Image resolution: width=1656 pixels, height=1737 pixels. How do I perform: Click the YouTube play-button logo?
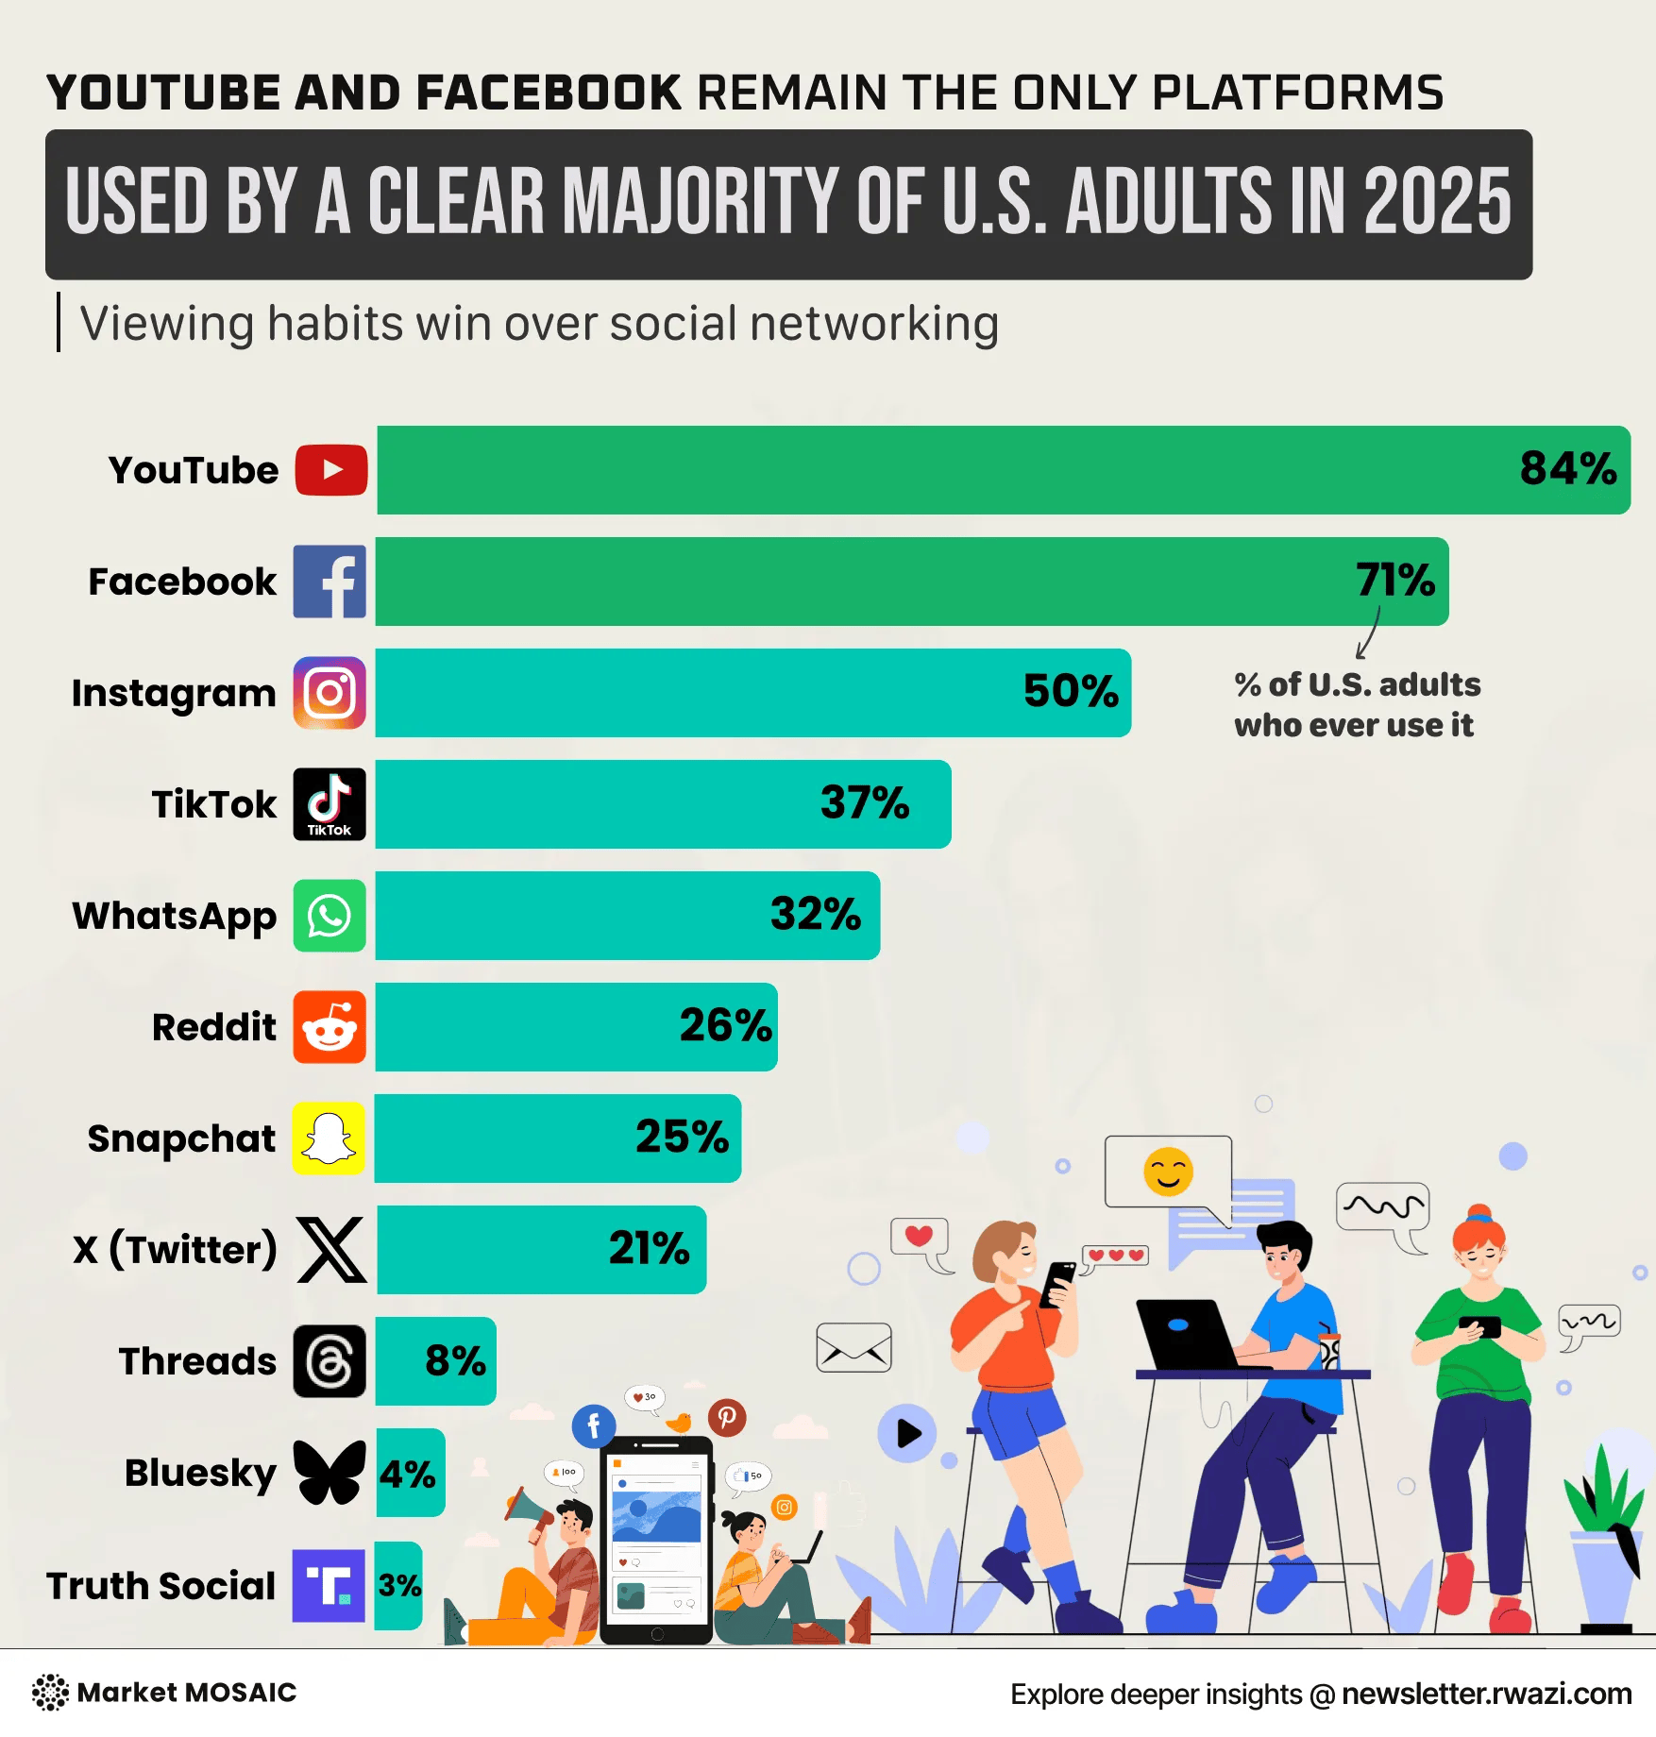point(330,470)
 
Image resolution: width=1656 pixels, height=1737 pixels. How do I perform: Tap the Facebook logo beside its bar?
point(330,582)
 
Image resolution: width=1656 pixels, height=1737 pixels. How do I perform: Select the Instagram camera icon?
point(330,693)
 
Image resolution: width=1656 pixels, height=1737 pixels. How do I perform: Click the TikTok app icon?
point(330,804)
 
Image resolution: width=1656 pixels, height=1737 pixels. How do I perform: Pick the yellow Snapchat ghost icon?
point(329,1138)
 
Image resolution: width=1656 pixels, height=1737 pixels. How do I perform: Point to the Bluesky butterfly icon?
point(330,1473)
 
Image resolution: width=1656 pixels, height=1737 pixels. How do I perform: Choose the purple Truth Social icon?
point(329,1586)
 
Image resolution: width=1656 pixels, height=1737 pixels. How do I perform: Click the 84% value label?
point(1568,468)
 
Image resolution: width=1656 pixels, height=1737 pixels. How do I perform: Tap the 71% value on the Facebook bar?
point(1395,580)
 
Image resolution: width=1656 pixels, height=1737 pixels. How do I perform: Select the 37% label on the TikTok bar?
point(865,802)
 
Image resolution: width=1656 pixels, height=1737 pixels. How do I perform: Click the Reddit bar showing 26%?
point(576,1027)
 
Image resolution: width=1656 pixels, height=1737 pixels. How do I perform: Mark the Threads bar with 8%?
point(435,1361)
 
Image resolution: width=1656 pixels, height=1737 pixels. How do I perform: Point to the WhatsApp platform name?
point(175,917)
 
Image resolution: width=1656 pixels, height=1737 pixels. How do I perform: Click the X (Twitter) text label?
point(175,1250)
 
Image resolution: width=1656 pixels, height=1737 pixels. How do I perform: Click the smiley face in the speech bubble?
point(1168,1172)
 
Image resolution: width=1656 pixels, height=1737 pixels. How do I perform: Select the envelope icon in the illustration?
point(853,1347)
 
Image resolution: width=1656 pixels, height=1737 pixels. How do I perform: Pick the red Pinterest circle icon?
point(727,1418)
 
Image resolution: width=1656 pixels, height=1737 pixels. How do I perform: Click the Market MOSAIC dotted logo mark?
point(50,1693)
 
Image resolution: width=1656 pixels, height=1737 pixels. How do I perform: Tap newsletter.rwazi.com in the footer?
point(1486,1695)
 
